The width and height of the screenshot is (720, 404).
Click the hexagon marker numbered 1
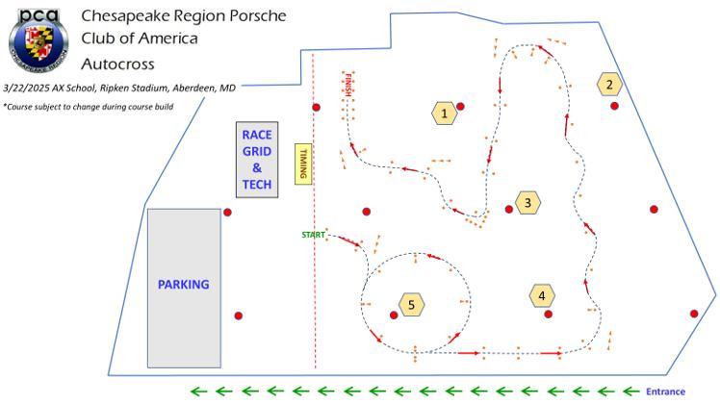(444, 114)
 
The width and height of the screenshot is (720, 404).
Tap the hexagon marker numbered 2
(608, 85)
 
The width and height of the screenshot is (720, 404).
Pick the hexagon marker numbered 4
(542, 296)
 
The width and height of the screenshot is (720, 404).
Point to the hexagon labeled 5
(411, 305)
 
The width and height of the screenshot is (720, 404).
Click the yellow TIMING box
(302, 162)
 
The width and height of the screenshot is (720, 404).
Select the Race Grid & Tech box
(257, 160)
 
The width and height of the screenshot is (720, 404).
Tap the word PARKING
(183, 285)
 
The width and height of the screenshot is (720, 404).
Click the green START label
(314, 234)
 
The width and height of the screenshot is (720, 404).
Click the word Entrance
(665, 391)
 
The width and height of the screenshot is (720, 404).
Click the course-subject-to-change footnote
(88, 106)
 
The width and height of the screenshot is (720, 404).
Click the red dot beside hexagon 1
(461, 106)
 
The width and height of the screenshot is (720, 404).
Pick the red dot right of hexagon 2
(614, 106)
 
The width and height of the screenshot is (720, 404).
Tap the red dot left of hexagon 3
(509, 209)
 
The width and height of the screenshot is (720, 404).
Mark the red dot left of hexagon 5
(393, 315)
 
